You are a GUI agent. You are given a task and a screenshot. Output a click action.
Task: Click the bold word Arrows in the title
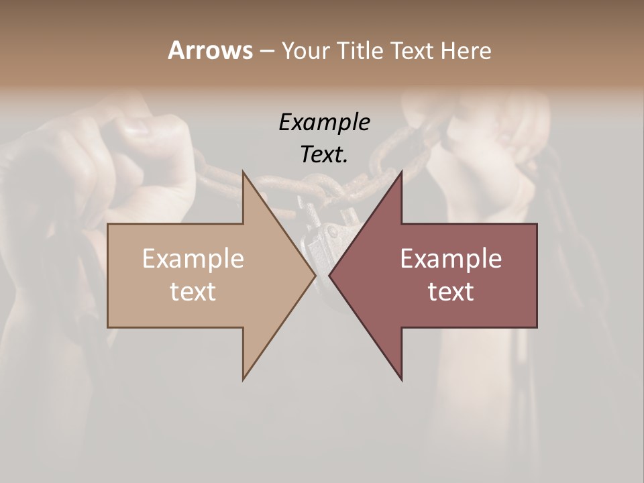click(210, 50)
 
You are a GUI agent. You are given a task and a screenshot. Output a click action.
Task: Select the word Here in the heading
click(466, 50)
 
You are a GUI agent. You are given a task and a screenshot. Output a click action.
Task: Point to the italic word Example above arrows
click(324, 122)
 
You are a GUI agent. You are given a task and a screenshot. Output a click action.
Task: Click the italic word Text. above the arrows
click(324, 154)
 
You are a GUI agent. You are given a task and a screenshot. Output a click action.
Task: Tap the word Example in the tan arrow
click(193, 259)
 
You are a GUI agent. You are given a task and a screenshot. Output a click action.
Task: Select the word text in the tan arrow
click(193, 291)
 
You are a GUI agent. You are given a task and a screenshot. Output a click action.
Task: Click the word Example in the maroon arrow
click(451, 259)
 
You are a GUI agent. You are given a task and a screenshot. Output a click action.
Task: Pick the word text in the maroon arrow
click(451, 291)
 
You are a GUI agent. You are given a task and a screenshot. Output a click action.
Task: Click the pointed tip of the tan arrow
click(315, 275)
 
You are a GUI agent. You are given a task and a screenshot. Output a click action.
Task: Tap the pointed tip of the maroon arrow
click(329, 275)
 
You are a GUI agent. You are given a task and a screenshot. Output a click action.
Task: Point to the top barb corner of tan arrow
click(243, 172)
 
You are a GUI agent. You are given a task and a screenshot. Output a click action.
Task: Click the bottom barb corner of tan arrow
click(243, 380)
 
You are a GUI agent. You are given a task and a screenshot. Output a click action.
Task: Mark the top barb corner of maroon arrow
click(401, 172)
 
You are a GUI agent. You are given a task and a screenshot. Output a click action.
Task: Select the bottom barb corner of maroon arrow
click(401, 380)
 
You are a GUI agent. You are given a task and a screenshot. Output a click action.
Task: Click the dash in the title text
click(266, 51)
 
